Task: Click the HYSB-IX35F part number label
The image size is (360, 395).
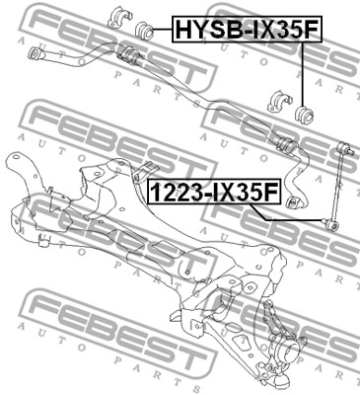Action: coord(247,30)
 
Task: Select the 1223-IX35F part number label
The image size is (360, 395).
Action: coord(214,192)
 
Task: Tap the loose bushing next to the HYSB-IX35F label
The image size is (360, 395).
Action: coord(145,30)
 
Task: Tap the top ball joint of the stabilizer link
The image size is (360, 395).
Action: coord(345,147)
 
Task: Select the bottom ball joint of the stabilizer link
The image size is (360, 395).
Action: coord(330,224)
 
